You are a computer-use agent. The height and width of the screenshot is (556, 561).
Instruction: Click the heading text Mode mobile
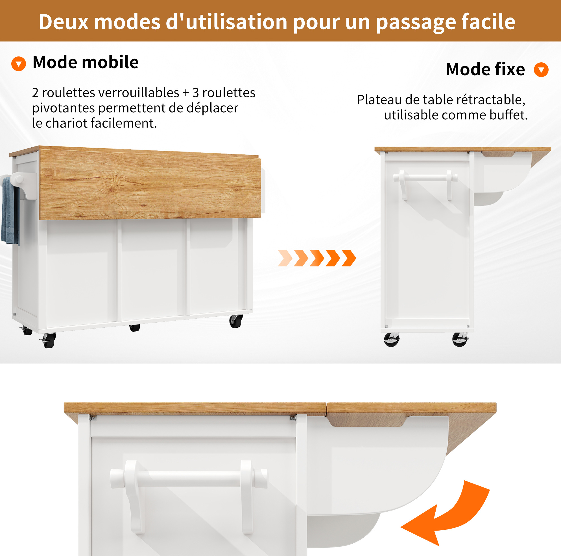85,62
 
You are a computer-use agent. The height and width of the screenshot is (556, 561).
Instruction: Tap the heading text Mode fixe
485,69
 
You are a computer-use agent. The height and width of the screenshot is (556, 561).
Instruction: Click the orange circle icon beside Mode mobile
19,64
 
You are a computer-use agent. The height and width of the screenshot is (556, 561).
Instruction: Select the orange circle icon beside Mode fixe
541,70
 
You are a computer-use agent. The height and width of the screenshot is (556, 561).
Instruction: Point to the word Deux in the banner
63,22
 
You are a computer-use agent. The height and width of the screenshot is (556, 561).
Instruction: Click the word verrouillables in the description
139,93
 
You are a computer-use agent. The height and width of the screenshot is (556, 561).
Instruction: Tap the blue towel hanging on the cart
10,211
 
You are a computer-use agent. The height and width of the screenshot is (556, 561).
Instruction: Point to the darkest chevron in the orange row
349,258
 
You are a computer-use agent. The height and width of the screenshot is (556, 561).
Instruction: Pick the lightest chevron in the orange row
285,258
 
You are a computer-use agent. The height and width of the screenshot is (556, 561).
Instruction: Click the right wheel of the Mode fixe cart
460,340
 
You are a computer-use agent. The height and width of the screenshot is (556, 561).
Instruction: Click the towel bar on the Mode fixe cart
425,178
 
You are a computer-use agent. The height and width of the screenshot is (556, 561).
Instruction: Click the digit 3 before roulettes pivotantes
195,93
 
